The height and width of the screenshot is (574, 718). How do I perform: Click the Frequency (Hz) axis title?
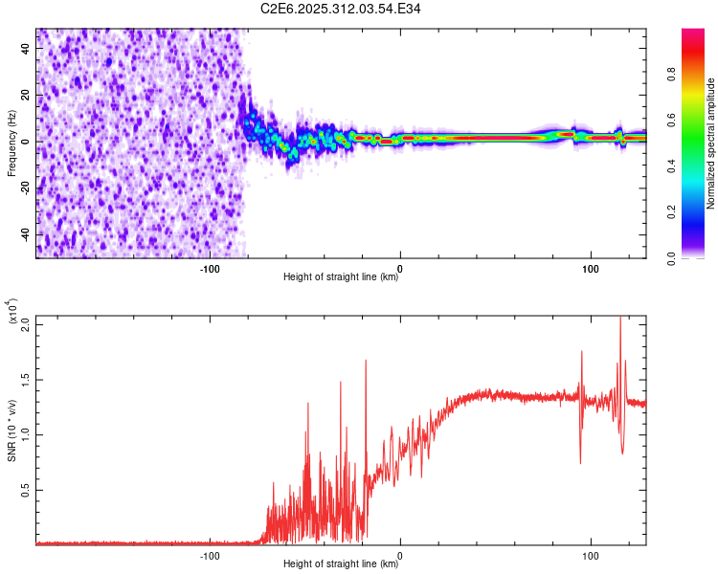[11, 143]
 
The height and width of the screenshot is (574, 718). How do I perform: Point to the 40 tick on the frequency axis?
[26, 50]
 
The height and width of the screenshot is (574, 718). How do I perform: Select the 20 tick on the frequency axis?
[26, 96]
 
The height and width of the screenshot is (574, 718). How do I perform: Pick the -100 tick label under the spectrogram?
[210, 268]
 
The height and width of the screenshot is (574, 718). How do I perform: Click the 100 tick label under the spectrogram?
[591, 268]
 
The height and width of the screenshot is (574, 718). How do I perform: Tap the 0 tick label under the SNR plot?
[400, 555]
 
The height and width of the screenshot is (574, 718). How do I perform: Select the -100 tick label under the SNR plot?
[210, 555]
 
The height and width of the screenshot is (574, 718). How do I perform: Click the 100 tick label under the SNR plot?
[591, 555]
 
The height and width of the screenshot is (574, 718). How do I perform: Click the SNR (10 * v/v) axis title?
[11, 429]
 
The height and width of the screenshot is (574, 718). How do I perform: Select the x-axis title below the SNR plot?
[341, 564]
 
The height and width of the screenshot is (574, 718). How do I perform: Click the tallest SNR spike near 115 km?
[619, 320]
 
